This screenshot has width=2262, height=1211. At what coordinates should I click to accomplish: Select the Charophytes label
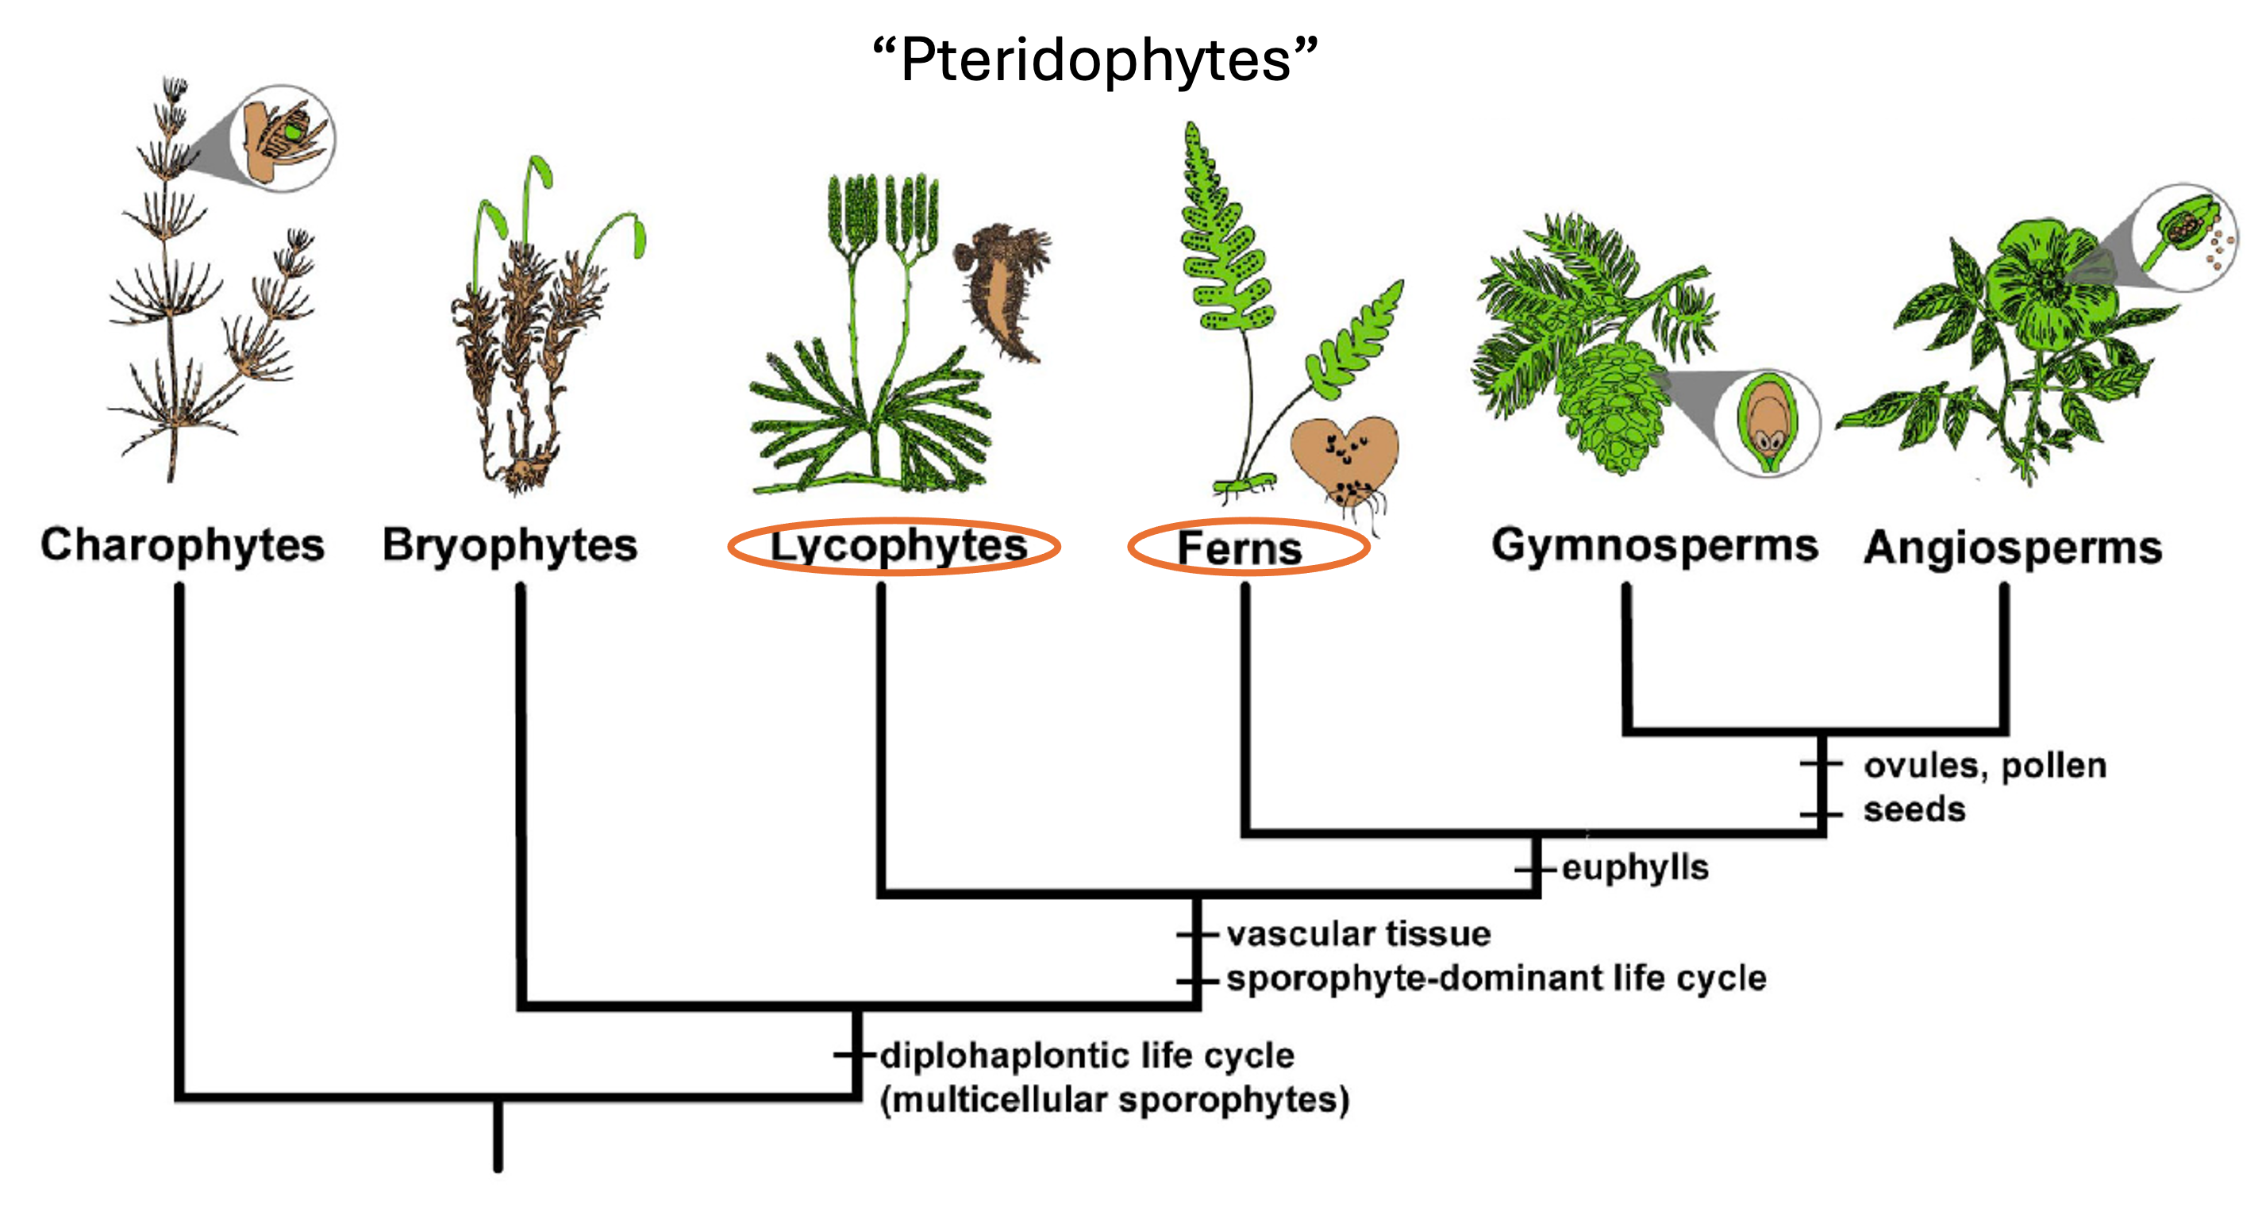click(x=183, y=544)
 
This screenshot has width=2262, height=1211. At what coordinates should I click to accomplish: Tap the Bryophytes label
click(x=510, y=544)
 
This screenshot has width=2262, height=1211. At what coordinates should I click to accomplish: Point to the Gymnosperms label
click(x=1654, y=544)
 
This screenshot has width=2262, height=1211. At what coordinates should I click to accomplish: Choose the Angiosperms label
click(x=2013, y=547)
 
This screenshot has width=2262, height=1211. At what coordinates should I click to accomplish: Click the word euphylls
click(x=1635, y=867)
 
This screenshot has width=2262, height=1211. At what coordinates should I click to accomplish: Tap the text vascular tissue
click(x=1359, y=933)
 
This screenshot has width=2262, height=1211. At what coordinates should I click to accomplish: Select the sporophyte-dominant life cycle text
click(x=1496, y=978)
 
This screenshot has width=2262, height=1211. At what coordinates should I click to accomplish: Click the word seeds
click(x=1914, y=809)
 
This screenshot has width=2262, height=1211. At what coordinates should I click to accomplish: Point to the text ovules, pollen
click(x=1984, y=765)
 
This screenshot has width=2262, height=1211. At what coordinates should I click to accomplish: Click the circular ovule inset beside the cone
click(x=1768, y=422)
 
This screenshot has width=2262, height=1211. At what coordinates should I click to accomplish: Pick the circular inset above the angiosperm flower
click(x=2185, y=236)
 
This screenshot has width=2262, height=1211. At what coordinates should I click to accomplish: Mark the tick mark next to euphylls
click(x=1536, y=868)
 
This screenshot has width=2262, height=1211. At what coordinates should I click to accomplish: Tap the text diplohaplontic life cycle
click(x=1087, y=1055)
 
